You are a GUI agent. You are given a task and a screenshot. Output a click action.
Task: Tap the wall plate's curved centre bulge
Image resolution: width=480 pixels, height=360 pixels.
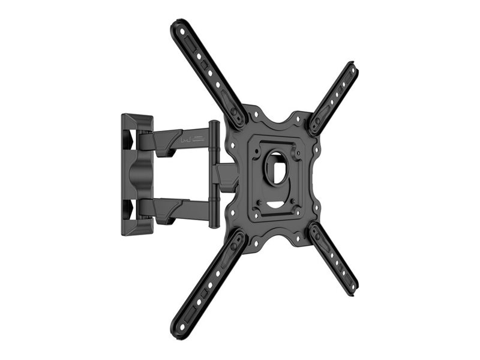pos(136,175)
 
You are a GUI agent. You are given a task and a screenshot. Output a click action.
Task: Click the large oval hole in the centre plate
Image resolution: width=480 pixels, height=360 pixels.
pos(277,167)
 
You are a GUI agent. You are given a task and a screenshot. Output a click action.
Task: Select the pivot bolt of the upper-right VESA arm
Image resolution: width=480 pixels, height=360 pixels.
pos(314,125)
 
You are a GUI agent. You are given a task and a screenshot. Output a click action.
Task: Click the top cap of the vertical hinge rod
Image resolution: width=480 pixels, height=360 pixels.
pos(214,124)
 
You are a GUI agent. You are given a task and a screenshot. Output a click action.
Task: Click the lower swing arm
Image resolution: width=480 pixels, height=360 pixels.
pos(180,208)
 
